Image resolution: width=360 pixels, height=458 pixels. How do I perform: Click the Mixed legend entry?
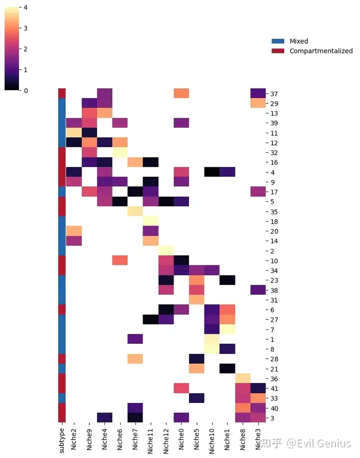pyautogui.click(x=298, y=41)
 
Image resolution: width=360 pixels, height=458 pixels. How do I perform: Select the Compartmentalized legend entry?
pyautogui.click(x=320, y=51)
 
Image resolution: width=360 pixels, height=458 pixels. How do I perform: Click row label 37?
pyautogui.click(x=274, y=94)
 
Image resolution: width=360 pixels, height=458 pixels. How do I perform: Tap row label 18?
pyautogui.click(x=274, y=221)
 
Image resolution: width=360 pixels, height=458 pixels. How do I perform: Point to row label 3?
pyautogui.click(x=272, y=418)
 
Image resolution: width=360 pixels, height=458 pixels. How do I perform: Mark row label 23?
pyautogui.click(x=274, y=280)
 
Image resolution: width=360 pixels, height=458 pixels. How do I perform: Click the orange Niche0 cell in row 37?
pyautogui.click(x=181, y=94)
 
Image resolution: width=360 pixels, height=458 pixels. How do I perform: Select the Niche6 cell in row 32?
pyautogui.click(x=119, y=152)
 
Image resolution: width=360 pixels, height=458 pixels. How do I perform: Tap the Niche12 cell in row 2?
pyautogui.click(x=166, y=251)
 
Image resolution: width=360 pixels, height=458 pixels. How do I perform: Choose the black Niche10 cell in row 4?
pyautogui.click(x=212, y=172)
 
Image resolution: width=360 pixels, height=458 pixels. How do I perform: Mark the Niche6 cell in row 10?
pyautogui.click(x=119, y=260)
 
